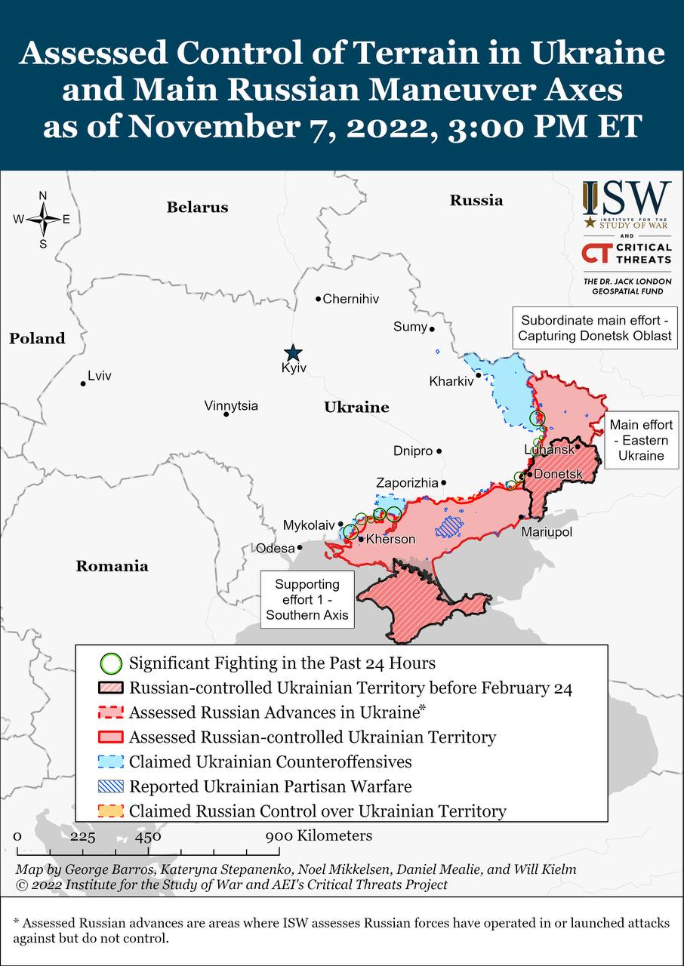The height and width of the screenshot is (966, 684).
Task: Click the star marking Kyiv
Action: coord(293,352)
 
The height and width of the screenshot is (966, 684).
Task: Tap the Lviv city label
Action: coord(100,375)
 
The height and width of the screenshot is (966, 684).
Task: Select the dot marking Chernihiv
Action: coord(319,299)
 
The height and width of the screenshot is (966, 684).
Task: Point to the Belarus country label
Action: coord(197,208)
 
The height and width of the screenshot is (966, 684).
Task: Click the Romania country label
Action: coord(112,566)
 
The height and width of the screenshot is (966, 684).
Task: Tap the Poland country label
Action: coord(37,339)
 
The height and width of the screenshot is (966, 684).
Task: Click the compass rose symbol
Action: coord(43,220)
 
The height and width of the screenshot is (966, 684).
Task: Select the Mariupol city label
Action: coord(547,532)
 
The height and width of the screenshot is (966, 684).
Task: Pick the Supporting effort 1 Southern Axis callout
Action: coord(307,599)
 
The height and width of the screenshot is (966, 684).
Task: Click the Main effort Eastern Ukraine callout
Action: coord(641,441)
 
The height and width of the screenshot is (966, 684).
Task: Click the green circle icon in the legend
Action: coord(111,663)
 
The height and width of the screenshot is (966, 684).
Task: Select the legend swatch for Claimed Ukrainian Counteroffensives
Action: coord(111,761)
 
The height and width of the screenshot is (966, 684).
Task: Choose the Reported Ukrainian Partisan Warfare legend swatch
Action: coord(111,786)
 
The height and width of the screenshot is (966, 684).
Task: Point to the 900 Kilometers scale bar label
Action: coord(319,835)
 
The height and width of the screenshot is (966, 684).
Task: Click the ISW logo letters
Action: coord(627,198)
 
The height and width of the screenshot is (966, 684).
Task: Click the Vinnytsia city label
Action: coord(231,406)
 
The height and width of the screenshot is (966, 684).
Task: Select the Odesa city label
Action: coord(275,549)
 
